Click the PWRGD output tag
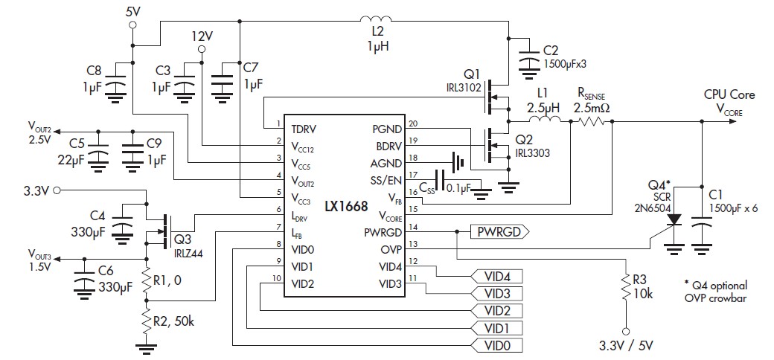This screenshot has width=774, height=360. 498,231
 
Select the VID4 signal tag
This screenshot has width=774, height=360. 498,276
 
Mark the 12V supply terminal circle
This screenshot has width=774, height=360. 200,49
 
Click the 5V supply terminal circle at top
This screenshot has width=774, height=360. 132,25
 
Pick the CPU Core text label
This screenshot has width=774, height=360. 729,94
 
